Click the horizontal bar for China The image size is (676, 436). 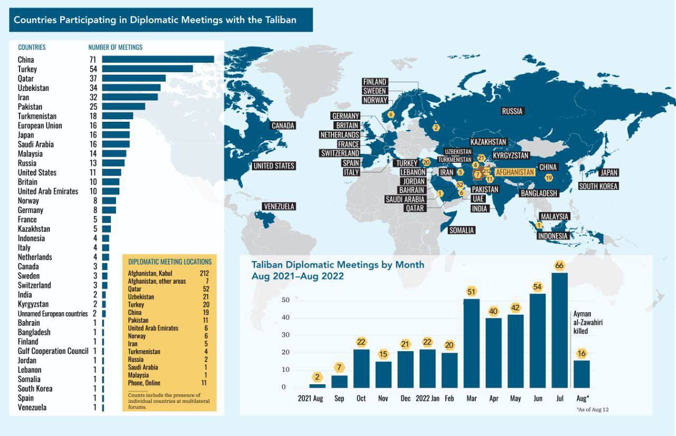pyautogui.click(x=158, y=60)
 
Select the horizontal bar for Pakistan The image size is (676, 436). pyautogui.click(x=124, y=106)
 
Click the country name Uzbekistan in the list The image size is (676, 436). pyautogui.click(x=33, y=88)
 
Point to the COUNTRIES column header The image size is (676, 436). pyautogui.click(x=32, y=47)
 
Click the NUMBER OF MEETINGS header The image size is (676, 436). pyautogui.click(x=115, y=47)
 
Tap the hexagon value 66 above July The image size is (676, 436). pyautogui.click(x=559, y=265)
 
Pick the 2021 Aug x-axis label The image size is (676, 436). pyautogui.click(x=310, y=398)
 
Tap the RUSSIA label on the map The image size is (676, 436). pyautogui.click(x=512, y=111)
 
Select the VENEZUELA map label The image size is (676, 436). pyautogui.click(x=278, y=206)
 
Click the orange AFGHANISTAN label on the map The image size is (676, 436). pyautogui.click(x=515, y=172)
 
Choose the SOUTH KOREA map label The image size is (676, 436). pyautogui.click(x=598, y=186)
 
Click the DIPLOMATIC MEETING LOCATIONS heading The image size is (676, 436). pyautogui.click(x=170, y=261)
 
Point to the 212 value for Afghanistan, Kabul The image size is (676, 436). pyautogui.click(x=204, y=274)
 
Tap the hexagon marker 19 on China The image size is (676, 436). pyautogui.click(x=549, y=178)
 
